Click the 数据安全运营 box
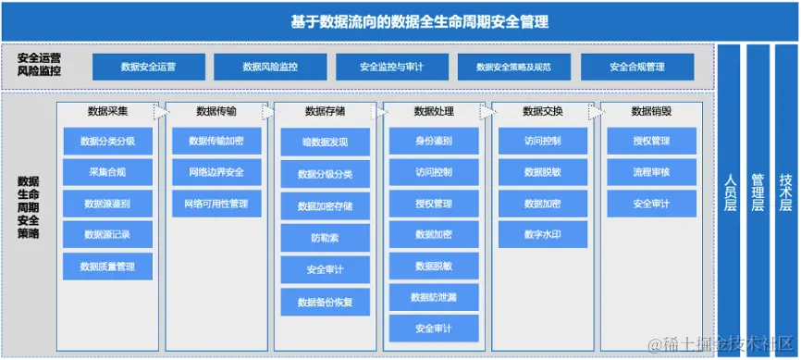(149, 67)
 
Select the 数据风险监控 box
(270, 67)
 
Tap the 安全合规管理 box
(636, 67)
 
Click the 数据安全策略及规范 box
(513, 67)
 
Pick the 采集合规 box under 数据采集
(107, 172)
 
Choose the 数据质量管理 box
(107, 267)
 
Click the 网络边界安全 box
(216, 172)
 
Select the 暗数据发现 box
(325, 142)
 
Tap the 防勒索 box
(325, 237)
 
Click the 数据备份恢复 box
(325, 302)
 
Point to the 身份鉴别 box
(434, 141)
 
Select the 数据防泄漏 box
(434, 297)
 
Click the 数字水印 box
(542, 235)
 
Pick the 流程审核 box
(651, 172)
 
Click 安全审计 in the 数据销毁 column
(651, 204)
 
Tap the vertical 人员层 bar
(730, 199)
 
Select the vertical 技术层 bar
(785, 199)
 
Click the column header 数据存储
(325, 111)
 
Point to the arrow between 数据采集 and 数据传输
(161, 112)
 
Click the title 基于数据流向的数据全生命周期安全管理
(400, 20)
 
